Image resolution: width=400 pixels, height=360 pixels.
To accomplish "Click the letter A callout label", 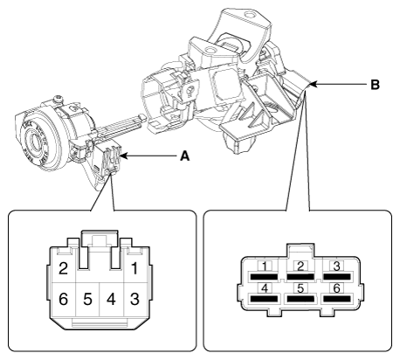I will pyautogui.click(x=184, y=157).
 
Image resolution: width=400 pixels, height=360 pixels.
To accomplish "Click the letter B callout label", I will pyautogui.click(x=375, y=86).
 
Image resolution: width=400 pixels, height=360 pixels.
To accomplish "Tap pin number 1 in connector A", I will pyautogui.click(x=134, y=267).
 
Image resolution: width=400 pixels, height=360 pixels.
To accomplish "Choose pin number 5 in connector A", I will pyautogui.click(x=86, y=297).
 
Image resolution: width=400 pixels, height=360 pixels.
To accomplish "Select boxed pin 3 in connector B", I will pyautogui.click(x=336, y=265).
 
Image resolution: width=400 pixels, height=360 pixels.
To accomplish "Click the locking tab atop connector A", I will pyautogui.click(x=98, y=239).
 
